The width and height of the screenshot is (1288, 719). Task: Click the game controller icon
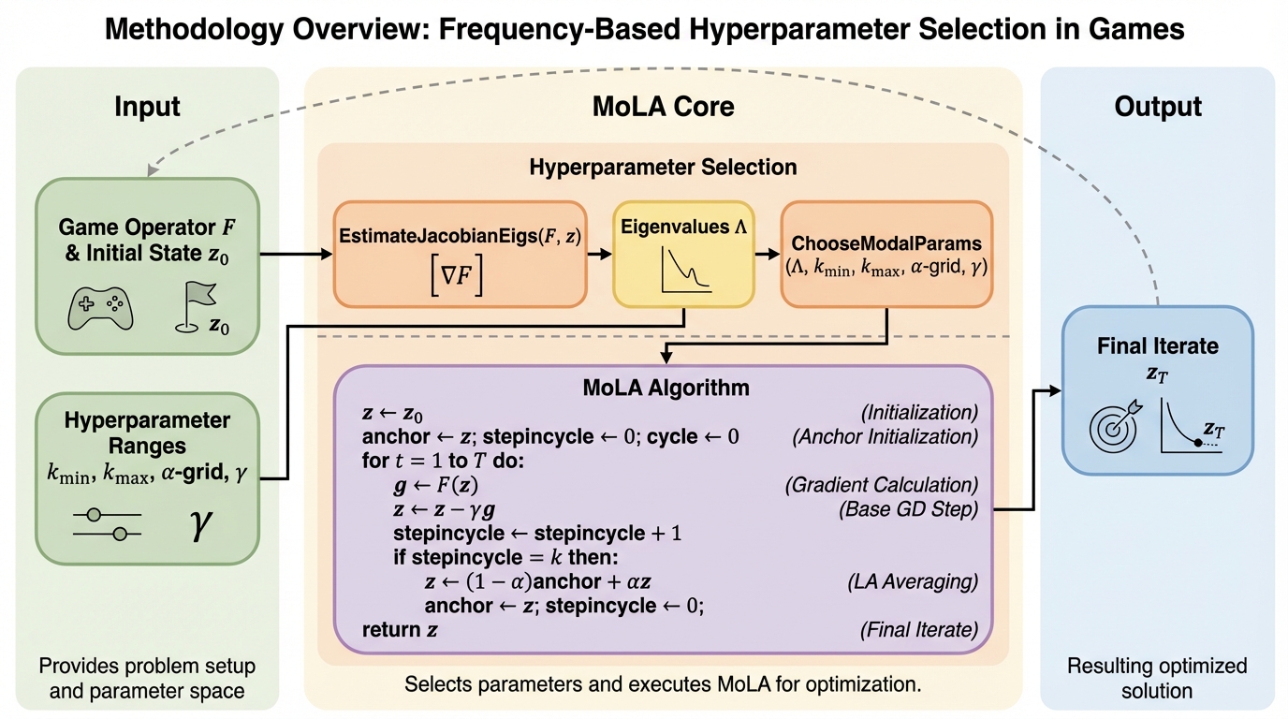tap(101, 308)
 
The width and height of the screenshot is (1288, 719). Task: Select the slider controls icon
tap(107, 524)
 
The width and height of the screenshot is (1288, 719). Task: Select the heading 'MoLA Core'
tap(663, 107)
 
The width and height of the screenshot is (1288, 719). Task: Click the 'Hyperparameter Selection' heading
tap(663, 168)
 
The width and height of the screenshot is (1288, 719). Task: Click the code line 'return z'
tap(400, 630)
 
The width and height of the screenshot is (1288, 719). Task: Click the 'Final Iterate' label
tap(1158, 345)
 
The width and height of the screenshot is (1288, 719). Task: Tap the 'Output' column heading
tap(1158, 107)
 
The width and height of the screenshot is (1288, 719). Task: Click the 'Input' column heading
tap(147, 107)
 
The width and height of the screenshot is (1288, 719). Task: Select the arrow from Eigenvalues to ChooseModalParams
tap(766, 253)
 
